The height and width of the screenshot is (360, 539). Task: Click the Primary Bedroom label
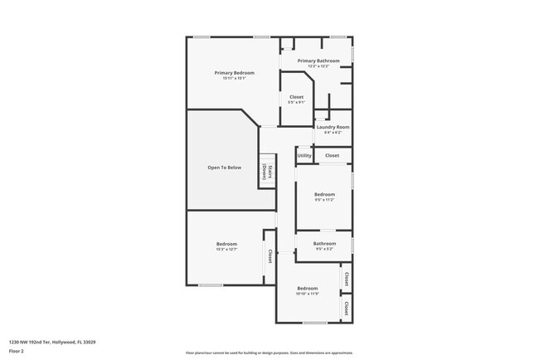(234, 73)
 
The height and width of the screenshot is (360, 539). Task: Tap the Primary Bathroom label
(319, 61)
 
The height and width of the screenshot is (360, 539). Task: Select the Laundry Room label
(333, 127)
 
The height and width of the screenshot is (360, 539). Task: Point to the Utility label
(304, 155)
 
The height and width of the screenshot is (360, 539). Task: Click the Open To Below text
(224, 168)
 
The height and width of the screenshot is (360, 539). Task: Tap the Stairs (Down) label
(268, 172)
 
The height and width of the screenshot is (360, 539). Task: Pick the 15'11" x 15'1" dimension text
(234, 79)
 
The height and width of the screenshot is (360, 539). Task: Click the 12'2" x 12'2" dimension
(319, 66)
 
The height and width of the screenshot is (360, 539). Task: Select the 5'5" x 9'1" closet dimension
(296, 103)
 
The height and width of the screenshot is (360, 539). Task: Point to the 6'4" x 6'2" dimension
(333, 132)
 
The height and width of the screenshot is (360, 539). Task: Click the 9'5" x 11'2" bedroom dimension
(324, 200)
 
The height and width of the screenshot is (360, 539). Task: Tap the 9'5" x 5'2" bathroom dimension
(324, 249)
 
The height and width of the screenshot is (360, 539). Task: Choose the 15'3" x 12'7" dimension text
(226, 249)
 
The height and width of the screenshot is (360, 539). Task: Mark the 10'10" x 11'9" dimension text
(308, 294)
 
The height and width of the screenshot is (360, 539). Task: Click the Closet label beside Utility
(332, 155)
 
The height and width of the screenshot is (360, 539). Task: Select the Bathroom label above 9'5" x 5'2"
(324, 243)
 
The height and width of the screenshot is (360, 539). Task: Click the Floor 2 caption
(16, 352)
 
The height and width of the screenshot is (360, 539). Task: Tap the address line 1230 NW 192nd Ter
(52, 342)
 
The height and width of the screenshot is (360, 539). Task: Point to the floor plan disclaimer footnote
(269, 353)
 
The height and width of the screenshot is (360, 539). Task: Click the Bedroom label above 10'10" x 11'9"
(308, 288)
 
